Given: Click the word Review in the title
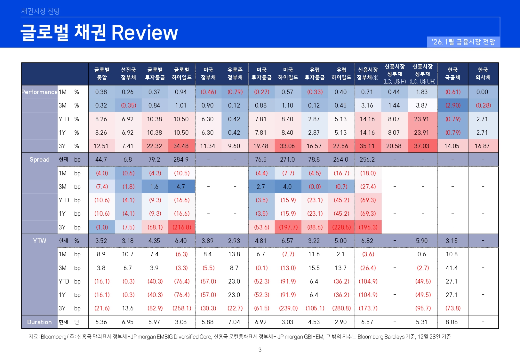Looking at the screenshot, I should (x=144, y=33).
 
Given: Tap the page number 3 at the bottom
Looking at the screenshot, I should (x=260, y=350).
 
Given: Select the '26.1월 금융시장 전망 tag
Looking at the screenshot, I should (x=463, y=42).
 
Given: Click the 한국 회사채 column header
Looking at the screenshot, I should (x=483, y=74).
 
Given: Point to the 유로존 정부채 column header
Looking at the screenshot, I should (x=235, y=74).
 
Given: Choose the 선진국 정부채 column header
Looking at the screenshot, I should (x=128, y=74).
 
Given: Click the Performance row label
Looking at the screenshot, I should (x=39, y=92).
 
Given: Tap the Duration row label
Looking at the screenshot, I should (x=39, y=322).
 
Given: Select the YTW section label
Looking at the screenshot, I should (x=39, y=241).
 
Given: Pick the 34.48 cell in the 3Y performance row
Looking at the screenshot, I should (x=181, y=146).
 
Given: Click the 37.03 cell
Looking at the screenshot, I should (x=421, y=146).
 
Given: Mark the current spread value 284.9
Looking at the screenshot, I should (x=181, y=159).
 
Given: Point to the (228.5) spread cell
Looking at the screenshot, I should (x=341, y=227).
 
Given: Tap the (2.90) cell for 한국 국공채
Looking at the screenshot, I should (x=453, y=105).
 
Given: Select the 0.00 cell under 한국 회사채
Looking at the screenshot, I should (x=482, y=92).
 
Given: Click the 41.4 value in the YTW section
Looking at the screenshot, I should (x=452, y=268).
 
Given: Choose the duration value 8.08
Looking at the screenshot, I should (x=452, y=322).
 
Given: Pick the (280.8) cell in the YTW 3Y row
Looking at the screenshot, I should (x=341, y=308).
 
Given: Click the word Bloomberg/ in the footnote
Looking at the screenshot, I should (x=54, y=337).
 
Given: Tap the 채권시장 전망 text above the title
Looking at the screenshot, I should (x=40, y=12).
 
